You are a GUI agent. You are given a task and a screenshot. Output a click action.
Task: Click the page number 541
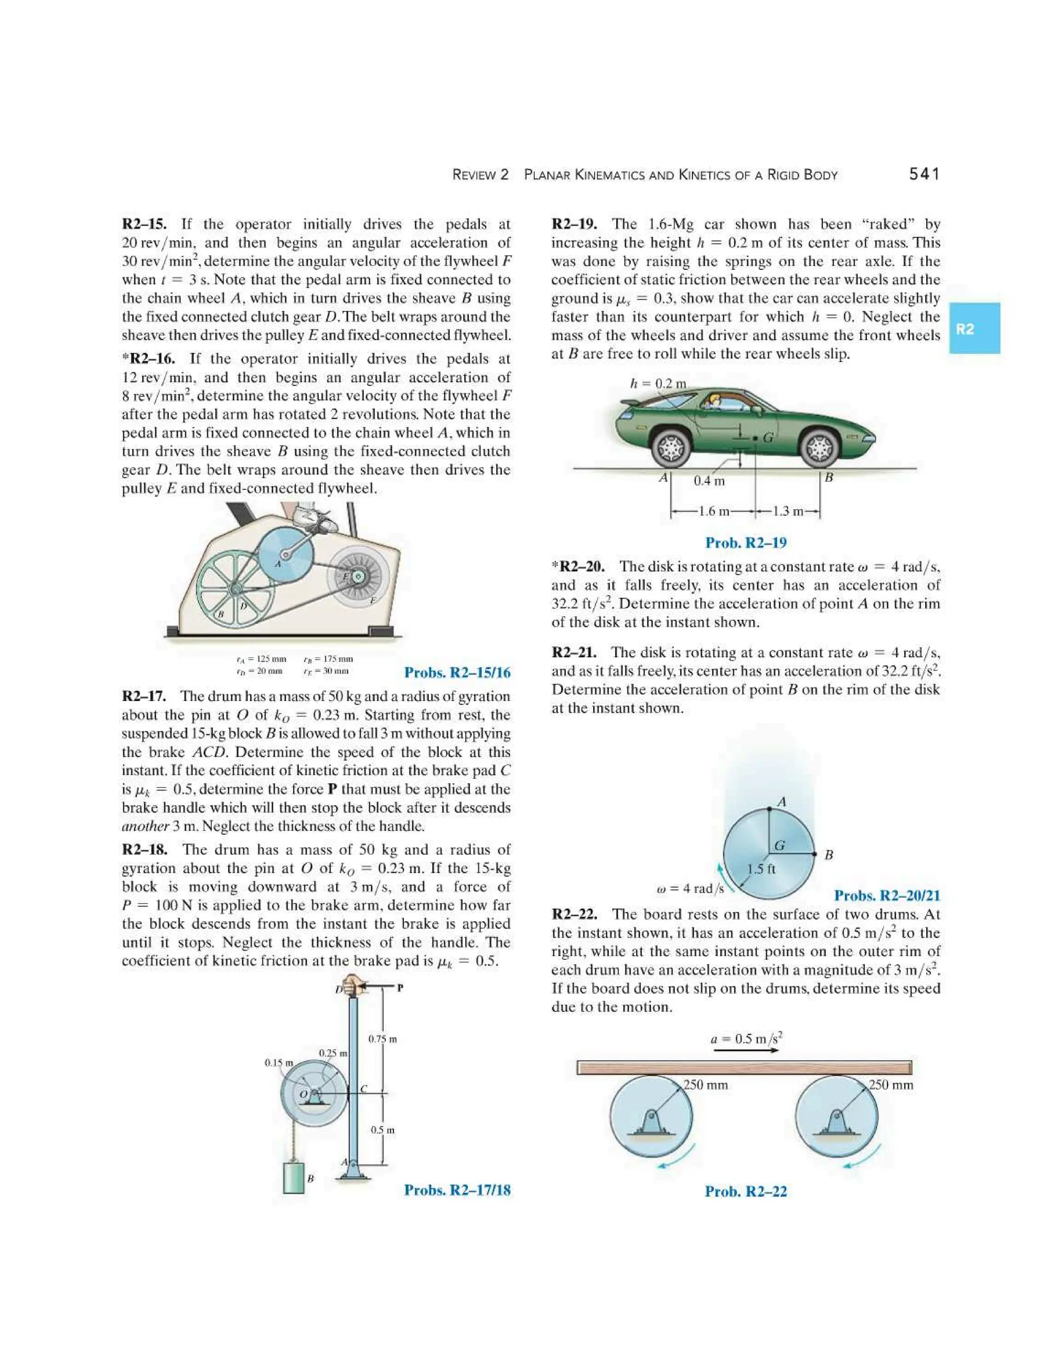tap(924, 174)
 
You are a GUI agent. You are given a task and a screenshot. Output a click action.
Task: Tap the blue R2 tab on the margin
tap(973, 328)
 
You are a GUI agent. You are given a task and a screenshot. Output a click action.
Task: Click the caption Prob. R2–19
tap(746, 543)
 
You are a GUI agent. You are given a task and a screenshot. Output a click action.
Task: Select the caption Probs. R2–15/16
tap(457, 672)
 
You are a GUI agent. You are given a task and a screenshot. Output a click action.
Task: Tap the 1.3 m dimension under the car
tap(787, 511)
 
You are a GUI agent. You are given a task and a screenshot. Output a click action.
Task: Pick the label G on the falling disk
tap(779, 845)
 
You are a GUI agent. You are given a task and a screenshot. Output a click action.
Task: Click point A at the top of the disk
tap(769, 808)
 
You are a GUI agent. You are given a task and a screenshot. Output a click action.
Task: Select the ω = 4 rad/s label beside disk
tap(690, 889)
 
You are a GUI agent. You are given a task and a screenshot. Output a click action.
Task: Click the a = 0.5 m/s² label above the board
tap(746, 1038)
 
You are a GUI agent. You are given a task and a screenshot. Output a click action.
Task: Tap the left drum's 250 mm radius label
tap(705, 1085)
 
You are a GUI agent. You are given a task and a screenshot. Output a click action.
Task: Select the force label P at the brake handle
tap(401, 988)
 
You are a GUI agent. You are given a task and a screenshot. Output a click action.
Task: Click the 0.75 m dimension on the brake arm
tap(382, 1038)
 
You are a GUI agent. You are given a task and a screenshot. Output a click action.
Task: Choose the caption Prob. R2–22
tap(746, 1191)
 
